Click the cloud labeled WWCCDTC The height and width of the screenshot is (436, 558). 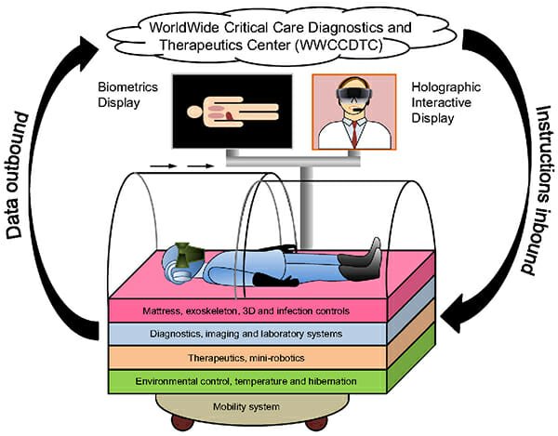click(279, 33)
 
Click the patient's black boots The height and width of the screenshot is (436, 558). click(367, 255)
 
